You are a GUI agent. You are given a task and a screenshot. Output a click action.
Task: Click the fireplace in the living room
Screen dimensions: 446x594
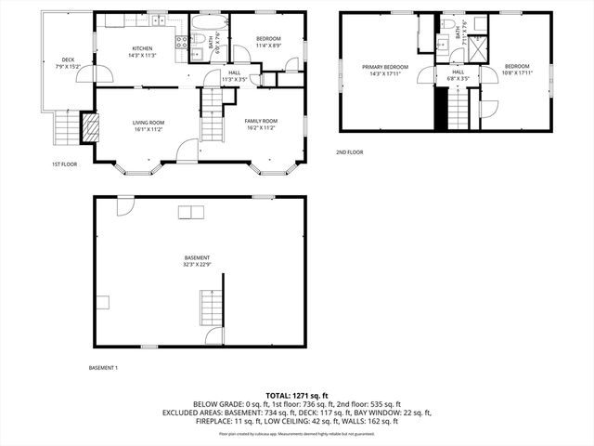coord(90,127)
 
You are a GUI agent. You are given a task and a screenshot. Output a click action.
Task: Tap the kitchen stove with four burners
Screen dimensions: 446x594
coord(182,41)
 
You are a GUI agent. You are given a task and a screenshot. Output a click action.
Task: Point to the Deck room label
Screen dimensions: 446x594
coord(69,62)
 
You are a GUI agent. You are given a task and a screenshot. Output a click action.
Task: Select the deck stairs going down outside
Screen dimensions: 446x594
coord(68,124)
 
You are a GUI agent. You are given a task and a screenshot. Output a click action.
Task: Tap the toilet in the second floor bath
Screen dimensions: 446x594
coord(448,24)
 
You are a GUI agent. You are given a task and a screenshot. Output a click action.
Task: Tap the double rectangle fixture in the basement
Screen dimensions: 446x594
coord(191,214)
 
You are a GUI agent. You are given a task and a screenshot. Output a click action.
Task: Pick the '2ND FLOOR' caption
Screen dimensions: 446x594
coord(349,151)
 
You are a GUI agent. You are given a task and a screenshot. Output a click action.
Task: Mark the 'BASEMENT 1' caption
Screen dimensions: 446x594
coord(103,368)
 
